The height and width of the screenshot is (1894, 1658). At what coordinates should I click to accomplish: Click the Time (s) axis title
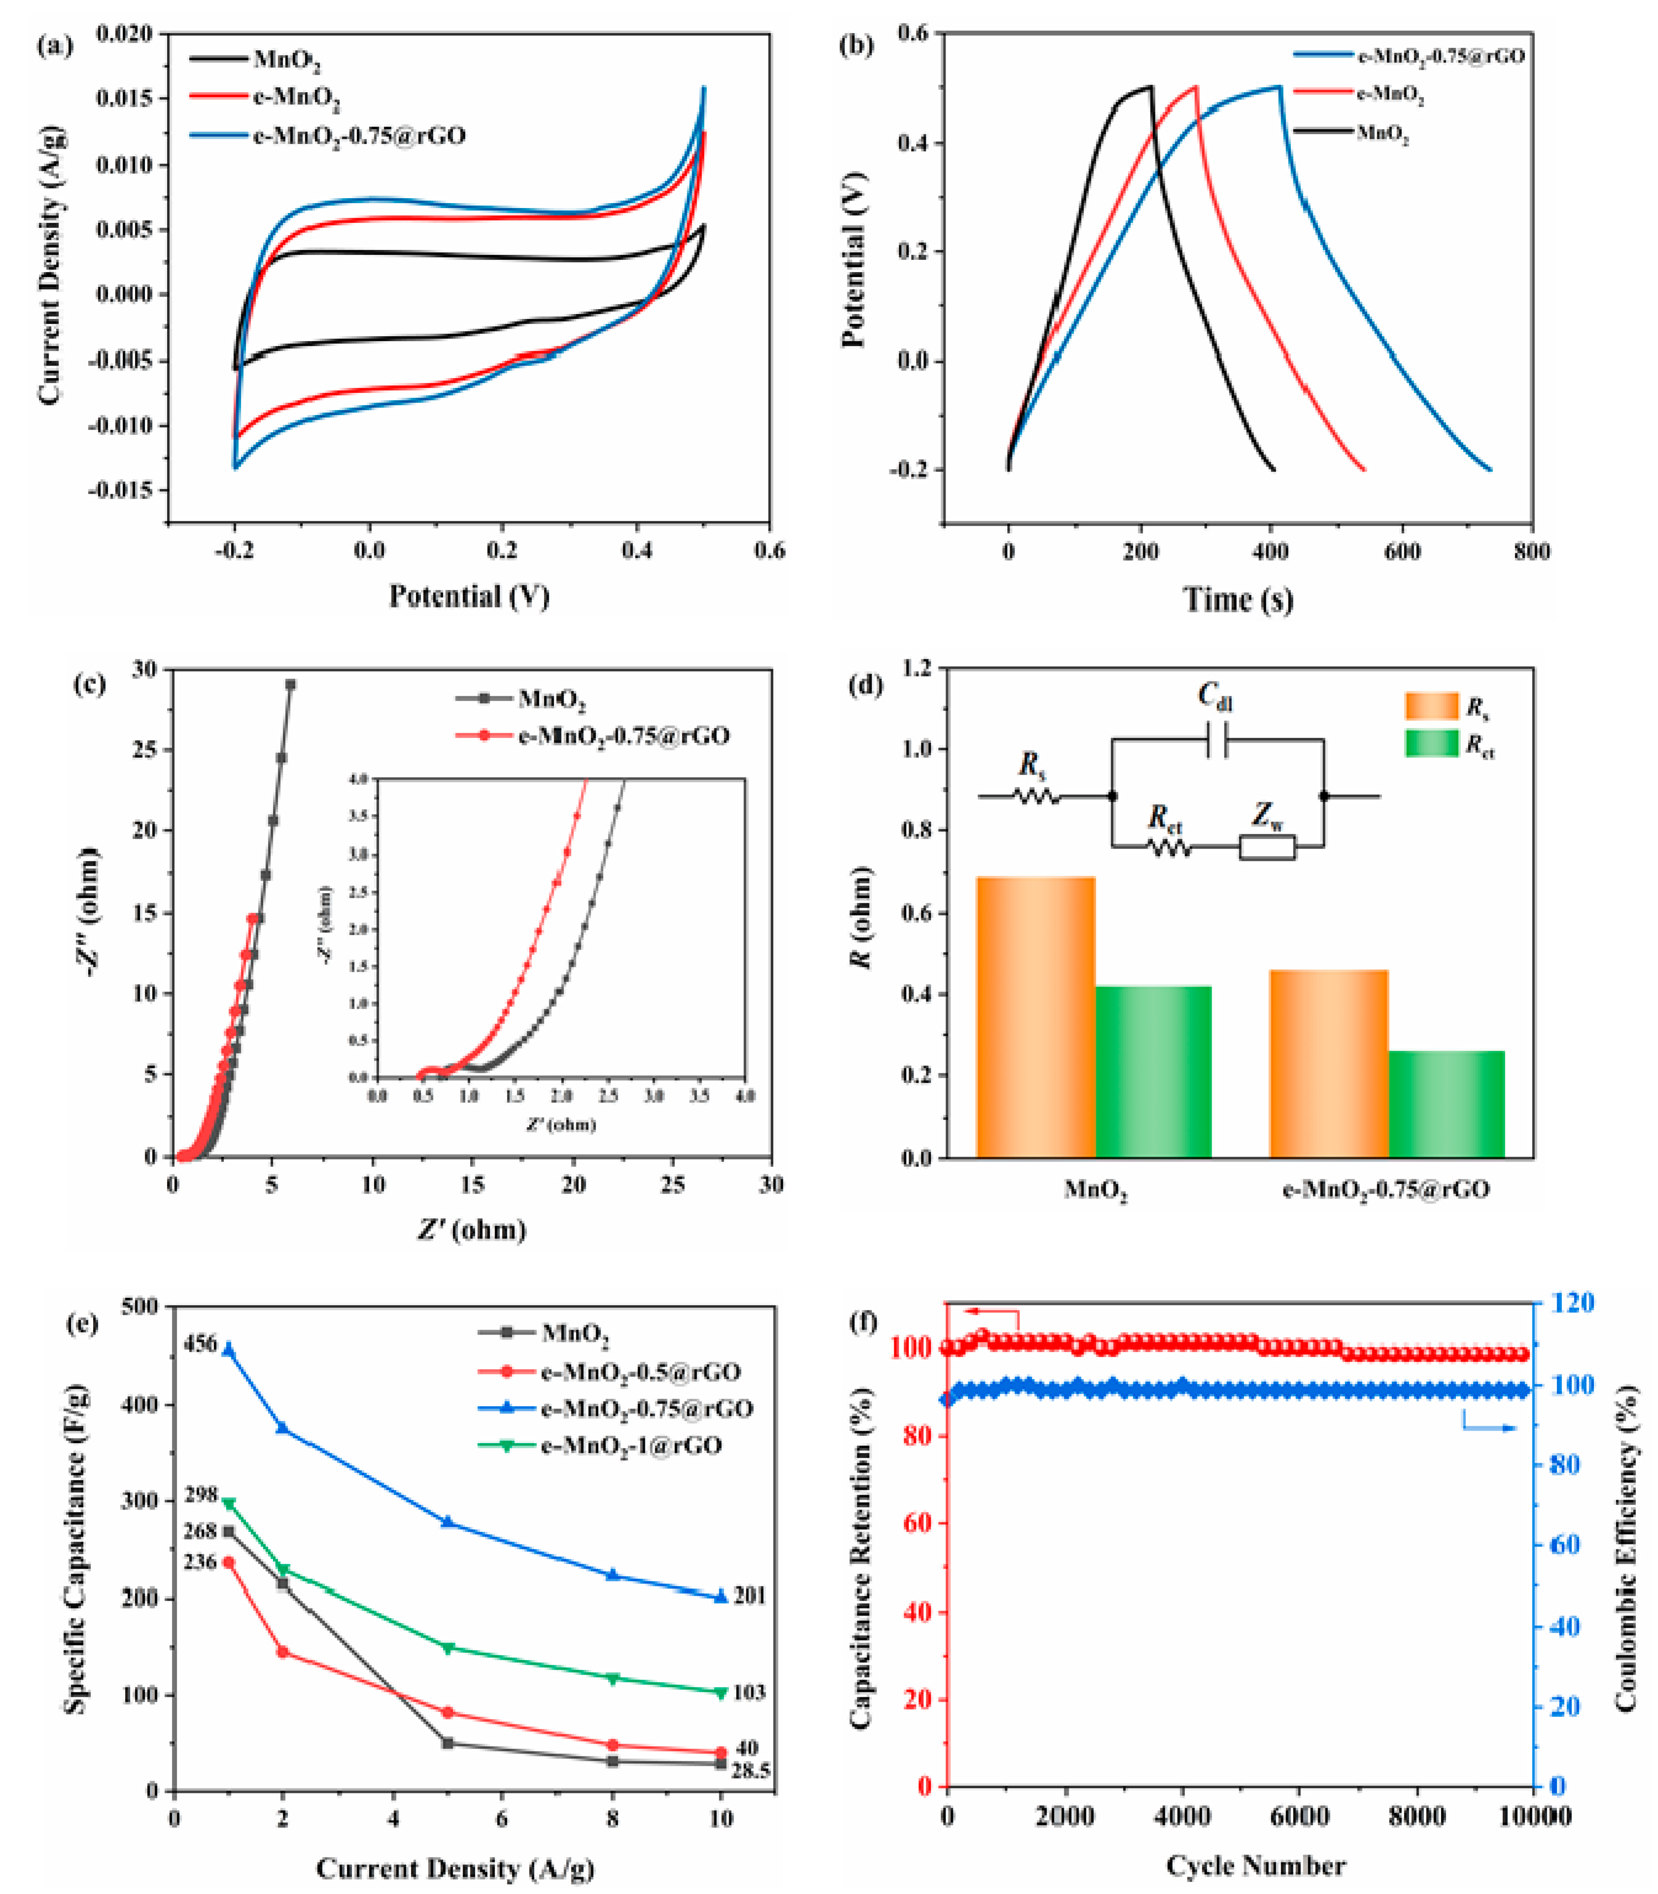[x=1238, y=600]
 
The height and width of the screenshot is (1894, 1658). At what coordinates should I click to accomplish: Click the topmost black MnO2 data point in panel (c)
[x=291, y=685]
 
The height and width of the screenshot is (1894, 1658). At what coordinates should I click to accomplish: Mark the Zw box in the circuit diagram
[x=1268, y=847]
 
